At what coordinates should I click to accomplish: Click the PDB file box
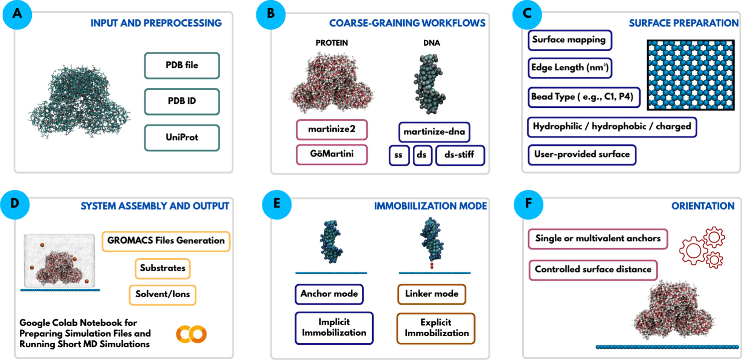tap(182, 65)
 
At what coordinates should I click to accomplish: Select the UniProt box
tap(182, 137)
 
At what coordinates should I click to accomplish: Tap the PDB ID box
tap(182, 101)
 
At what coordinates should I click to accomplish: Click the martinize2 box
tap(332, 129)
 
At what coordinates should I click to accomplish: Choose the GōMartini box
tap(332, 154)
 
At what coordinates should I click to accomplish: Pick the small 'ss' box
tap(399, 155)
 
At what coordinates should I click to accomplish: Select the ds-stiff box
tap(460, 155)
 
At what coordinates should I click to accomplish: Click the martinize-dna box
tap(434, 132)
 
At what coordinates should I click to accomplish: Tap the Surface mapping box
tap(570, 40)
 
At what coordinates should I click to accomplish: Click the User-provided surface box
tap(582, 155)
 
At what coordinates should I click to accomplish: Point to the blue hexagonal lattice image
tap(690, 75)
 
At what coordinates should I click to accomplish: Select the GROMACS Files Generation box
tap(166, 241)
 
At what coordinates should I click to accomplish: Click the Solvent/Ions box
tap(163, 295)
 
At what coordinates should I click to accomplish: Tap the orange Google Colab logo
tap(191, 334)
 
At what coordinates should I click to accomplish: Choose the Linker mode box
tap(432, 294)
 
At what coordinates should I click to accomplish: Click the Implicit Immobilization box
tap(334, 328)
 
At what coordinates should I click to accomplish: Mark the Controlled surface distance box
tap(593, 270)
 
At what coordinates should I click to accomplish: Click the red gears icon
tap(702, 247)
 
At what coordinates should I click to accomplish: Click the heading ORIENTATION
tap(703, 206)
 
